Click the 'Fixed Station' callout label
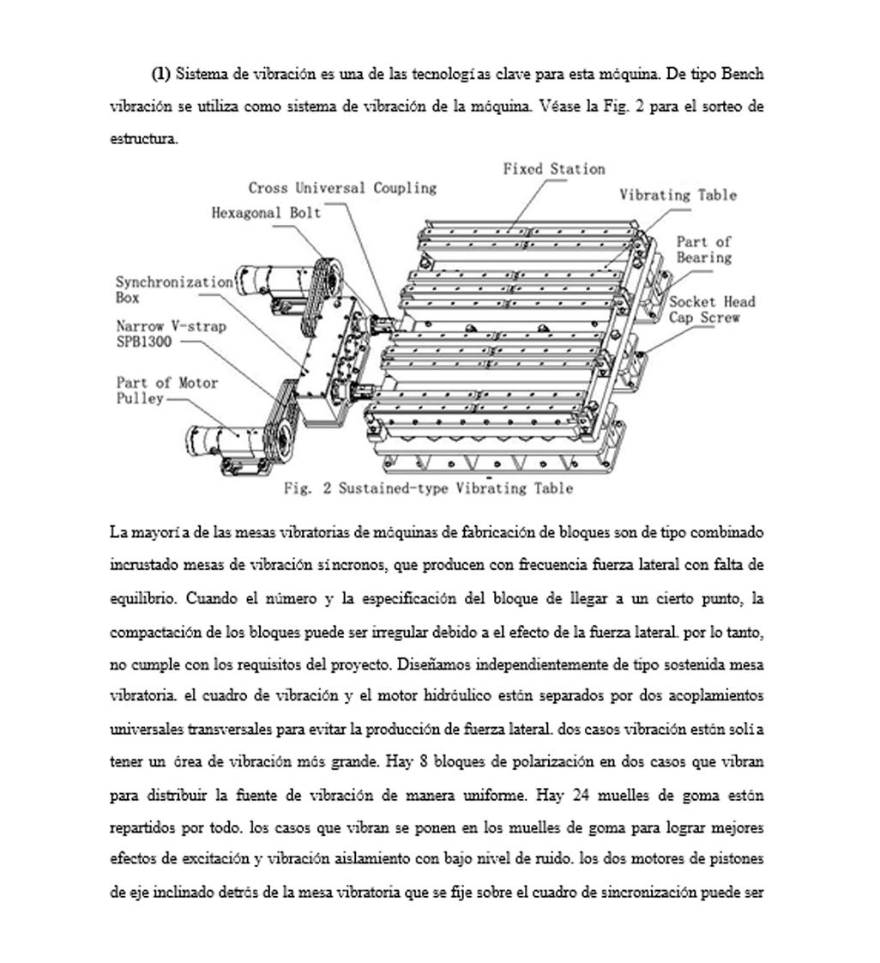coord(553,169)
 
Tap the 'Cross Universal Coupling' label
coord(342,187)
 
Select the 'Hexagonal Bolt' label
coord(266,212)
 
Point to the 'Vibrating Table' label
coord(678,195)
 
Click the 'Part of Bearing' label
coord(703,250)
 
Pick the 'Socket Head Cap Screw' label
coord(712,309)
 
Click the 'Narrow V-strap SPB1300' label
coord(171,334)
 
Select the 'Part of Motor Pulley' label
coord(167,391)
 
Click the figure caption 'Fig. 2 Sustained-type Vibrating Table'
coord(428,488)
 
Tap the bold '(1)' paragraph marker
coord(161,74)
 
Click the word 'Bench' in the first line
coord(742,74)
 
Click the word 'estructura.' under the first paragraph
coord(144,139)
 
